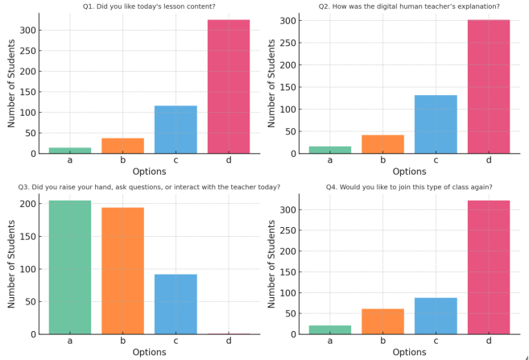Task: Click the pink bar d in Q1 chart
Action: click(228, 87)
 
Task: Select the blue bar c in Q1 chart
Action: click(176, 130)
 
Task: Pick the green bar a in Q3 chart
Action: click(70, 267)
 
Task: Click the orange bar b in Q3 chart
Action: click(122, 271)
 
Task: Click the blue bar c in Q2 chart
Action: click(436, 124)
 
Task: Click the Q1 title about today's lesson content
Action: click(149, 6)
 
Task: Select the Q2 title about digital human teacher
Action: click(409, 6)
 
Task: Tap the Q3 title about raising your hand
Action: click(149, 187)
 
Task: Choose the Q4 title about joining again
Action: click(409, 187)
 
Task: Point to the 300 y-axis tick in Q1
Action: click(27, 31)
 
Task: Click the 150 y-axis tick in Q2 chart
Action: click(287, 87)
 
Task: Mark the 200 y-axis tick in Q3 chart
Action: click(27, 204)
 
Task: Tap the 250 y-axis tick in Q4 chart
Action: click(287, 230)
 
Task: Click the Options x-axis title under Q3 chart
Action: click(149, 352)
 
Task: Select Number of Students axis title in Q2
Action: click(271, 84)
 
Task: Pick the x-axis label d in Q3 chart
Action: click(228, 341)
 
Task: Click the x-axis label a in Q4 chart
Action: click(330, 341)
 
